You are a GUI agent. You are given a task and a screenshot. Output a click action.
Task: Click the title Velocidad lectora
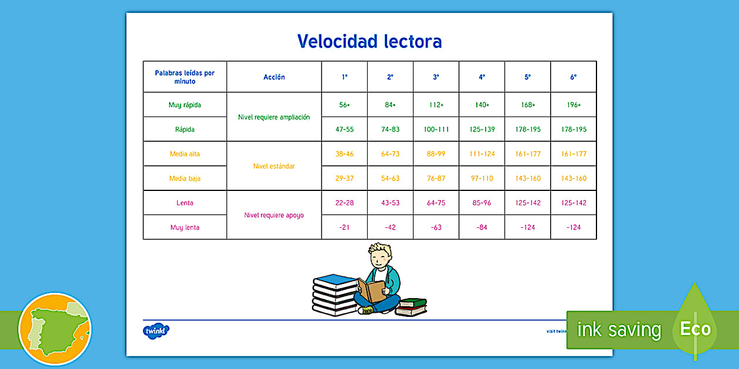click(x=369, y=42)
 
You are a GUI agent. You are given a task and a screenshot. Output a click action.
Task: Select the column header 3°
click(x=436, y=77)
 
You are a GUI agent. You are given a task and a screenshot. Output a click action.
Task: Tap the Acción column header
click(x=274, y=77)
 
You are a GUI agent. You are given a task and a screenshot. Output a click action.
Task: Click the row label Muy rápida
click(x=185, y=105)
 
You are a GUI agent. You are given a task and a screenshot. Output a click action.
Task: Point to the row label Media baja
click(x=185, y=179)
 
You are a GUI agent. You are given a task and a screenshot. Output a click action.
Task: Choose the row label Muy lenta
click(x=185, y=227)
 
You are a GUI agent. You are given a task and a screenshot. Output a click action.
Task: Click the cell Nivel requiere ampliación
click(x=274, y=117)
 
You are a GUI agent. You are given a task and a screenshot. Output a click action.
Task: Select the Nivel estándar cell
click(x=274, y=166)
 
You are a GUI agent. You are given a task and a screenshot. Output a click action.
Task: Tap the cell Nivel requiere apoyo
click(x=274, y=215)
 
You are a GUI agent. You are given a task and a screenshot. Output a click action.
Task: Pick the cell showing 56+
click(x=344, y=105)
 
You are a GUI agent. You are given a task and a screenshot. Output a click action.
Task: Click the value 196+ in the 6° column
click(x=574, y=105)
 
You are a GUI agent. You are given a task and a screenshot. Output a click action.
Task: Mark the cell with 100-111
click(x=436, y=129)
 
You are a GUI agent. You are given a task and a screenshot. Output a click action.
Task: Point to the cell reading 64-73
click(x=390, y=154)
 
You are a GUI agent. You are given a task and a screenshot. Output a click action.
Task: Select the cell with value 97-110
click(x=482, y=179)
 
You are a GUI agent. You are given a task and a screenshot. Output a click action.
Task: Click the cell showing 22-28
click(x=344, y=203)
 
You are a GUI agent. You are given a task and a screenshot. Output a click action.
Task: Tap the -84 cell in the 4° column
click(x=482, y=227)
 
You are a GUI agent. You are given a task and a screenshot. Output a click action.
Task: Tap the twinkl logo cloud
click(x=156, y=330)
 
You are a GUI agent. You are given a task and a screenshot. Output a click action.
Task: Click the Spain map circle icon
click(x=55, y=329)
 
